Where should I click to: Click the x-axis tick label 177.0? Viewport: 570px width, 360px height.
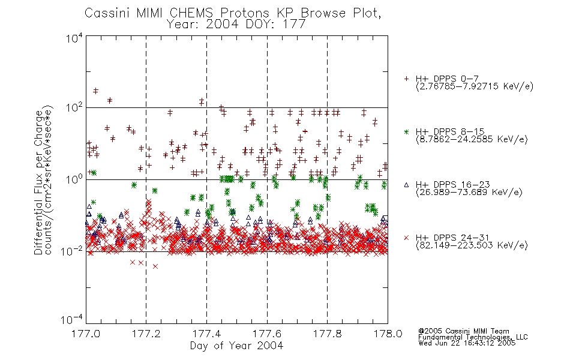tap(86, 334)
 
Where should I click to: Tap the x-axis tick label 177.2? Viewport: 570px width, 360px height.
tap(146, 334)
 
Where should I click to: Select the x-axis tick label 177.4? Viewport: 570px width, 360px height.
tap(206, 334)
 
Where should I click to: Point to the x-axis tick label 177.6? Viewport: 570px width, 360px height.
tap(267, 334)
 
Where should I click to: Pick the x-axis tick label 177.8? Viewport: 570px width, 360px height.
tap(327, 334)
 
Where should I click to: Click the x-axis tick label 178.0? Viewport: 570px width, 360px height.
tap(388, 334)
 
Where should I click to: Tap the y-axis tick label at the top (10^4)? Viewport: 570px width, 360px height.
tap(74, 38)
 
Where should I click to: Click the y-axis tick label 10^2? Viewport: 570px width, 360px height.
tap(74, 108)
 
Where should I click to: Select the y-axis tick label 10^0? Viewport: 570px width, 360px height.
tap(74, 179)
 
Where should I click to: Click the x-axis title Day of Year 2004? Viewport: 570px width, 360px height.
tap(236, 346)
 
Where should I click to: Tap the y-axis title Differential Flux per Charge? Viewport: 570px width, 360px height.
tap(38, 182)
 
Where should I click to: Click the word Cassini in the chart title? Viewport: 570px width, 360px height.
tap(107, 13)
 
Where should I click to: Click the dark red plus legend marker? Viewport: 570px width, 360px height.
tap(406, 79)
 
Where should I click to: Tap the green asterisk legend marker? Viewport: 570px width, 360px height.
tap(406, 131)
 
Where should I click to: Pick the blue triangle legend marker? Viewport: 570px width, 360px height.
tap(406, 185)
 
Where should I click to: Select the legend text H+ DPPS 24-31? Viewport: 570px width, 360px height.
tap(452, 238)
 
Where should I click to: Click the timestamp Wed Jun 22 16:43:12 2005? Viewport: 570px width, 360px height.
tap(467, 343)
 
